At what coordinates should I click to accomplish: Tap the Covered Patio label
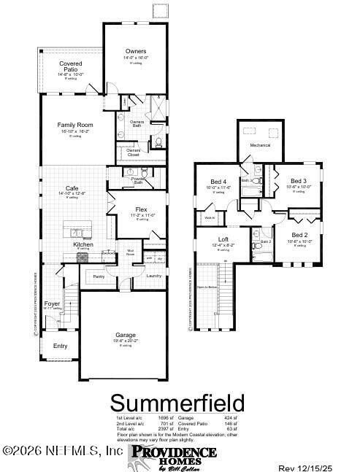click(71, 66)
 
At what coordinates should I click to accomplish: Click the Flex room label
click(141, 209)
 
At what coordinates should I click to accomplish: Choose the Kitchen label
click(83, 244)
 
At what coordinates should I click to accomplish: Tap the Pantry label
click(99, 276)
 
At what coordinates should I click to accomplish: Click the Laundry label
click(153, 276)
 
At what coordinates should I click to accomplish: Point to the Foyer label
click(52, 303)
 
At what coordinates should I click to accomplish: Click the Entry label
click(60, 345)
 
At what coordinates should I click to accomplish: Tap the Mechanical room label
click(260, 145)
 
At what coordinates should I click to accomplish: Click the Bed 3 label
click(298, 181)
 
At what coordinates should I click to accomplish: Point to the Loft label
click(223, 239)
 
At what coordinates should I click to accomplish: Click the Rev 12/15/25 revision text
click(315, 467)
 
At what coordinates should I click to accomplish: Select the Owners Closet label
click(133, 152)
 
